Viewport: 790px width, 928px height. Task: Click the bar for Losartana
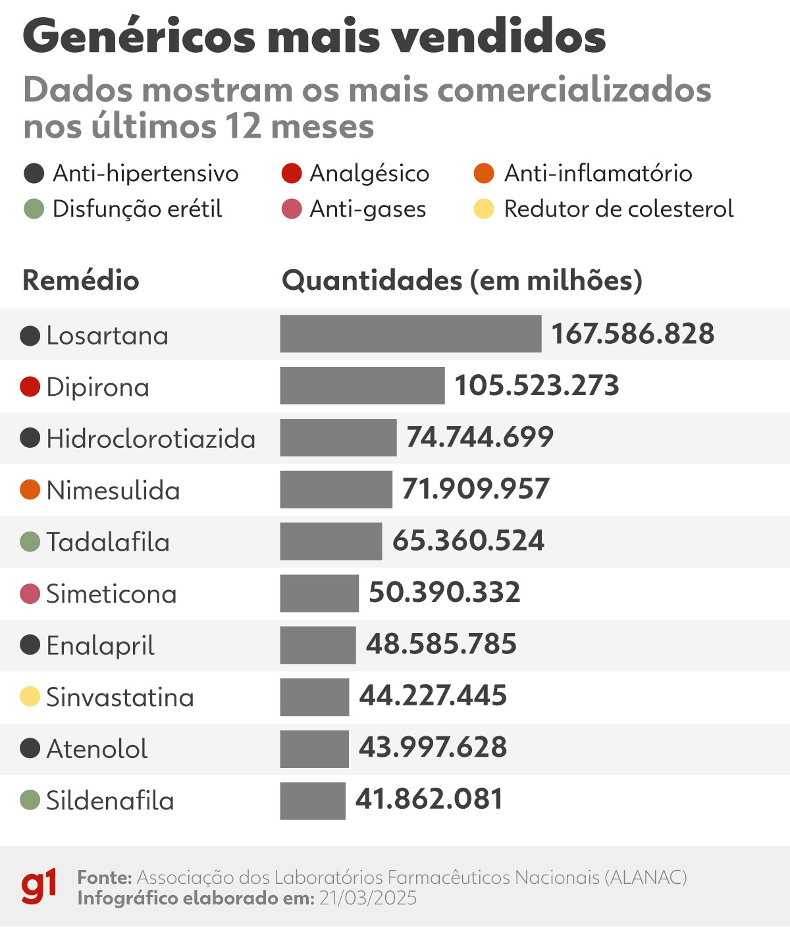pyautogui.click(x=410, y=334)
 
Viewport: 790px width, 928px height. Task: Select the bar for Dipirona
pyautogui.click(x=362, y=385)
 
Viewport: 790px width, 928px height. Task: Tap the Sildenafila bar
pyautogui.click(x=313, y=800)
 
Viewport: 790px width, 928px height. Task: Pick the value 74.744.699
pyautogui.click(x=480, y=437)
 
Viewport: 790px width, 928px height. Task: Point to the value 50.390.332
pyautogui.click(x=444, y=593)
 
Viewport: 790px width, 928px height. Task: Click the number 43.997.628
pyautogui.click(x=433, y=748)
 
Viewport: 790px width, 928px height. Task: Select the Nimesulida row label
pyautogui.click(x=113, y=491)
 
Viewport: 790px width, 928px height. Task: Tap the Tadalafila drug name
pyautogui.click(x=108, y=543)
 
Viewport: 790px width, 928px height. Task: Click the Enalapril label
pyautogui.click(x=100, y=646)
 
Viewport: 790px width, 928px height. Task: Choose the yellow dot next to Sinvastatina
pyautogui.click(x=30, y=697)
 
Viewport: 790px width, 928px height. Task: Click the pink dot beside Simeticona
pyautogui.click(x=30, y=593)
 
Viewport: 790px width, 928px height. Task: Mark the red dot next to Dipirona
pyautogui.click(x=30, y=387)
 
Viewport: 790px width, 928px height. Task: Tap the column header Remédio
pyautogui.click(x=81, y=281)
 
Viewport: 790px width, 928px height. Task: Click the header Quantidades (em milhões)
pyautogui.click(x=462, y=281)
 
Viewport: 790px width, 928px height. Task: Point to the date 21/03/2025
pyautogui.click(x=368, y=898)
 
